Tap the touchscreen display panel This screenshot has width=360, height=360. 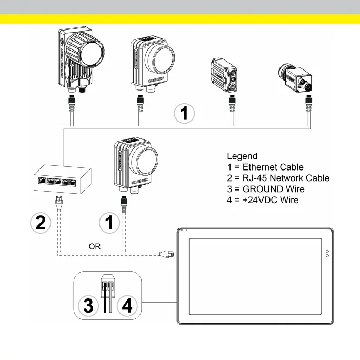pos(255,277)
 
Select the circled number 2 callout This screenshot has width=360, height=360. pos(40,223)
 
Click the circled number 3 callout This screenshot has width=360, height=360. pos(88,305)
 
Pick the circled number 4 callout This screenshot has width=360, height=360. pos(127,305)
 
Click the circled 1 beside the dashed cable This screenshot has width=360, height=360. pos(109,223)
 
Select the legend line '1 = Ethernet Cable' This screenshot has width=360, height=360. pos(265,167)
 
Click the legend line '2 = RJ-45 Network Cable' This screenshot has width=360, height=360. pos(278,178)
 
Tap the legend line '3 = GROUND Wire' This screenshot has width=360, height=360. pos(265,189)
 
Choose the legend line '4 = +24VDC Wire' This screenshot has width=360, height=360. pos(263,200)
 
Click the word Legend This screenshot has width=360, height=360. pos(242,156)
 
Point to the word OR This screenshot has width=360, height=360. pos(95,246)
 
